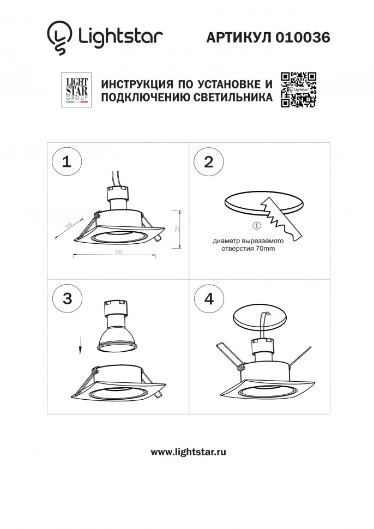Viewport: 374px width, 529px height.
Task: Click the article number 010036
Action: tap(303, 37)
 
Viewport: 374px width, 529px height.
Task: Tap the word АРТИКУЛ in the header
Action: tap(238, 37)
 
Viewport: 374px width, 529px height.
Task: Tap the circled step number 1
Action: tap(67, 161)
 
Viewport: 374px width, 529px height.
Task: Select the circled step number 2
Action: tap(208, 161)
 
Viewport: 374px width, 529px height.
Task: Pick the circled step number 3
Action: tap(67, 298)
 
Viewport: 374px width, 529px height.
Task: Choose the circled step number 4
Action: tap(208, 298)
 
